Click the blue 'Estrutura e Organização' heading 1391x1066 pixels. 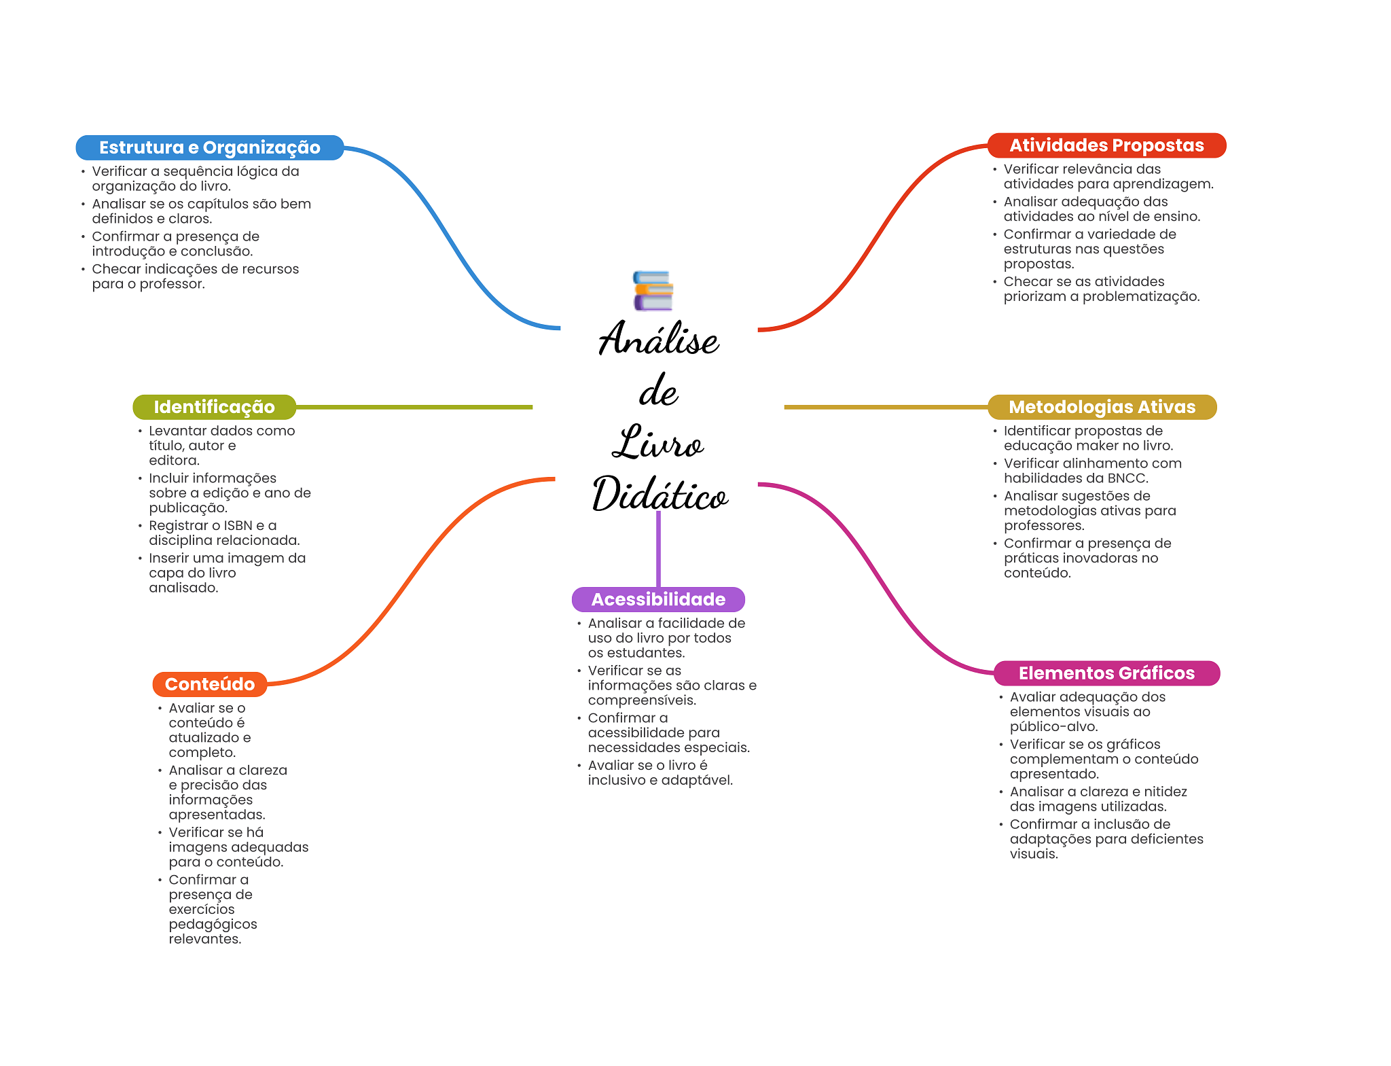pos(209,147)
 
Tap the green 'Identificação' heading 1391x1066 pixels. pos(214,407)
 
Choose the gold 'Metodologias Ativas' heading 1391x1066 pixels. pos(1101,407)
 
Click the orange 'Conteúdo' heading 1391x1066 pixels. pos(209,684)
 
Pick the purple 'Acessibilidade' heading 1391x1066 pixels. pos(657,599)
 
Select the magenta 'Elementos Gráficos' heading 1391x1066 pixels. pos(1106,673)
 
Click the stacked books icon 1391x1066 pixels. pos(653,291)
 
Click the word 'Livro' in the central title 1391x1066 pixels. pos(657,443)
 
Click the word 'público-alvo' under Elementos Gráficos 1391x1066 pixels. pos(1053,727)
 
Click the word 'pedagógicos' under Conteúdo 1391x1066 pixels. pos(213,925)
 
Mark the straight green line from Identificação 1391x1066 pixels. pos(414,407)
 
